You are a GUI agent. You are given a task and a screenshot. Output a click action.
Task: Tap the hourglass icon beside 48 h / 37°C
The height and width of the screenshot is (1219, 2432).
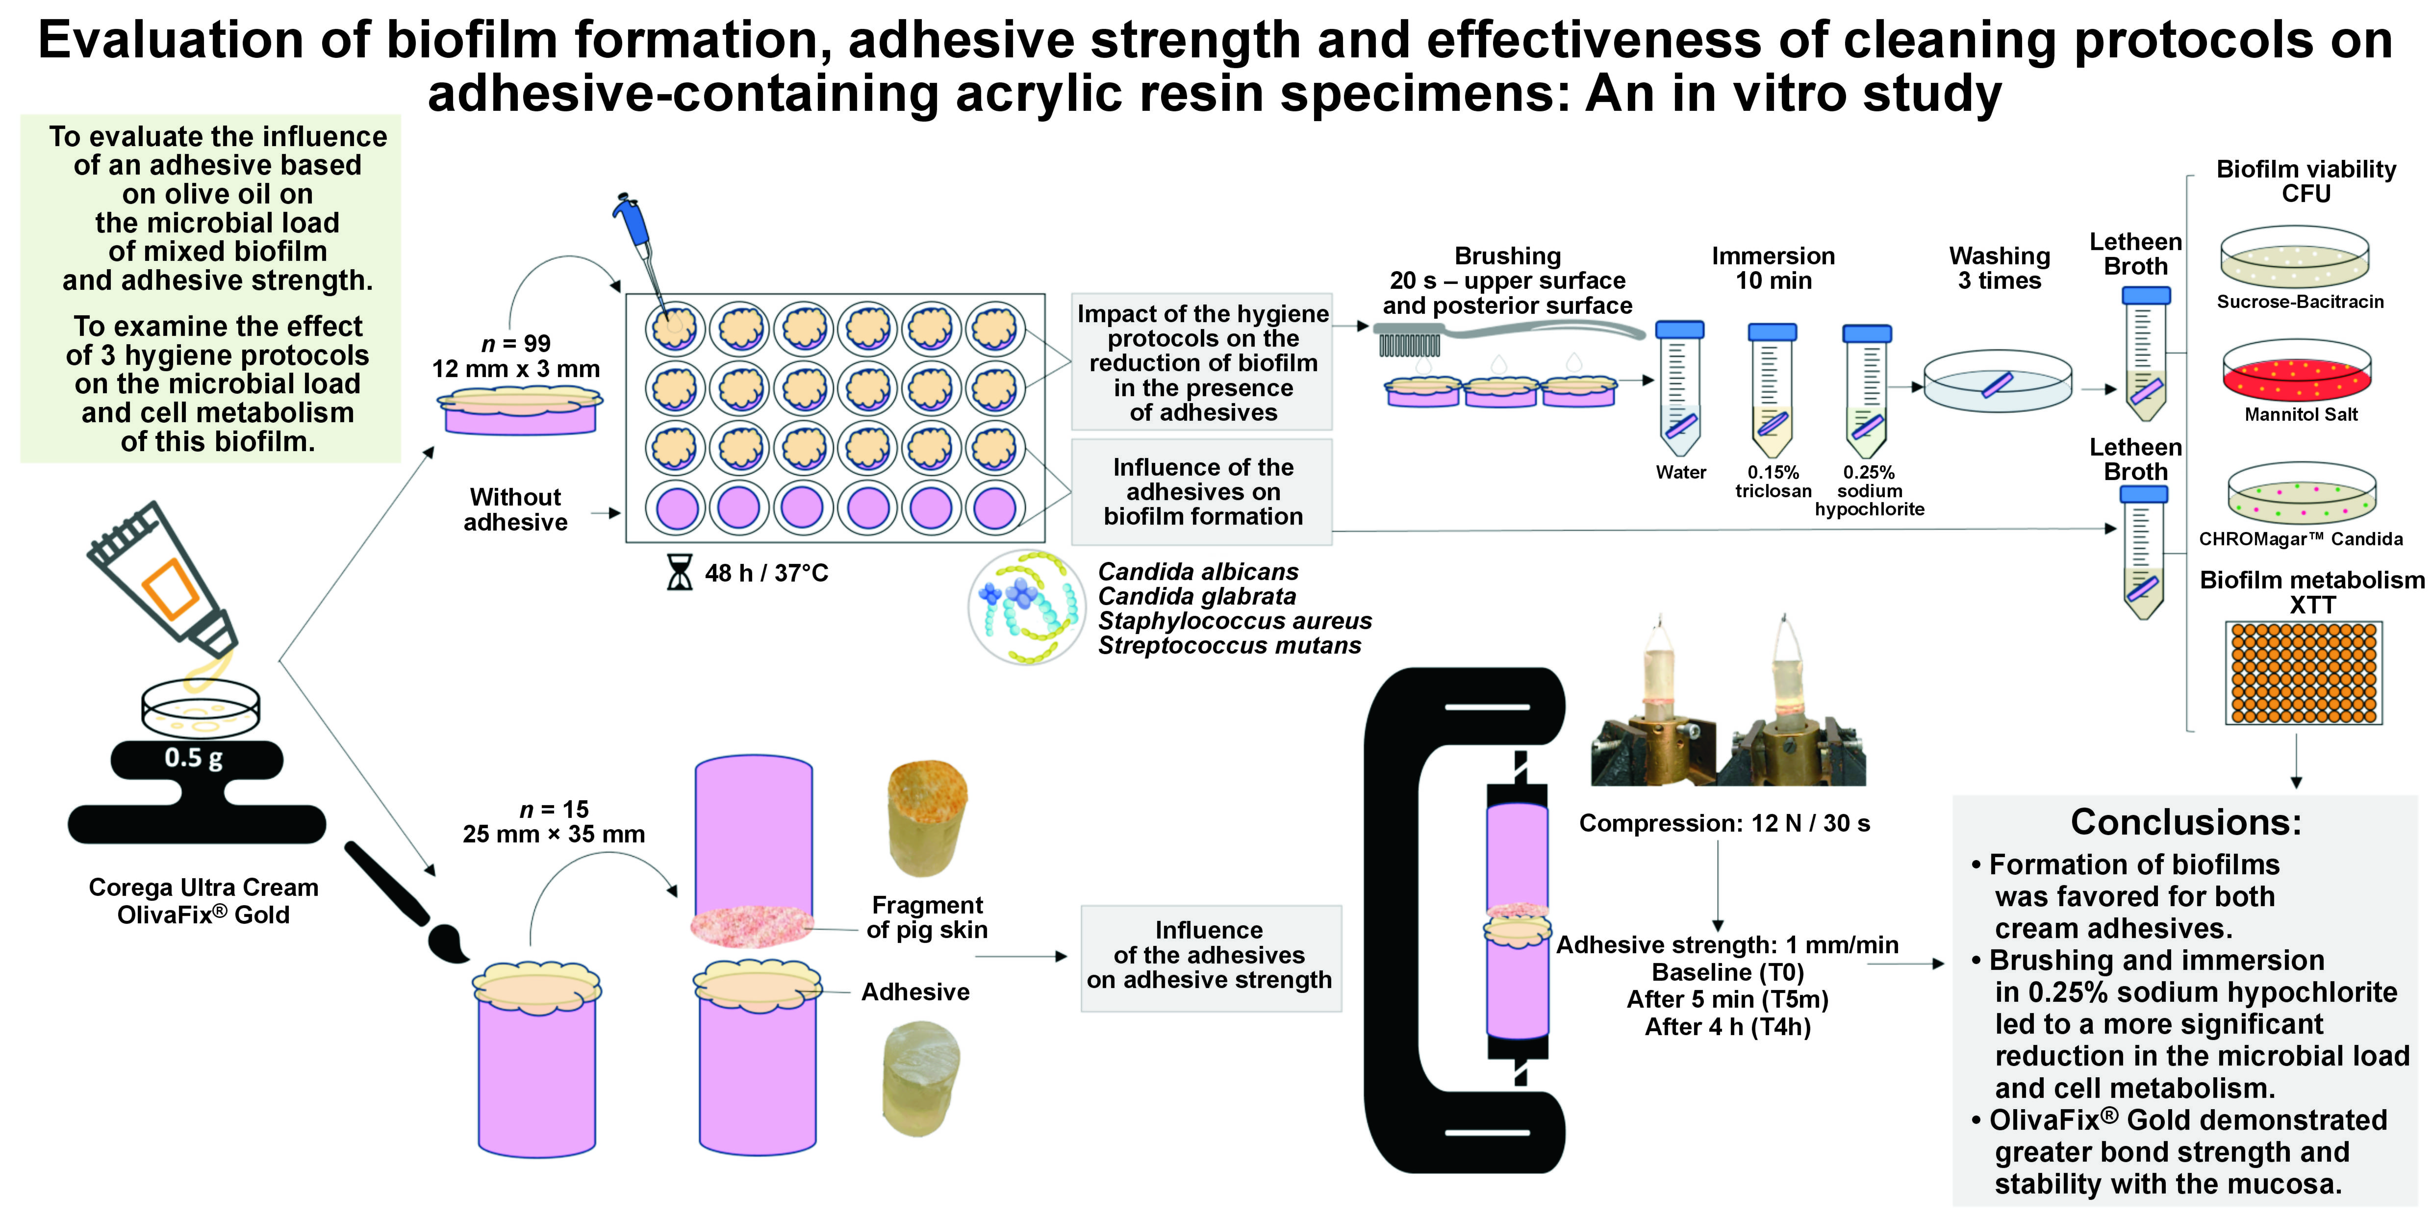coord(679,572)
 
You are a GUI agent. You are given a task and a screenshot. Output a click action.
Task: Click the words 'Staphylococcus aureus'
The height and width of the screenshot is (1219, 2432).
coord(1234,620)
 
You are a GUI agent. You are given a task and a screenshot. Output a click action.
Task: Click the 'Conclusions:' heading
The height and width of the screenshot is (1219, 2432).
coord(2185,822)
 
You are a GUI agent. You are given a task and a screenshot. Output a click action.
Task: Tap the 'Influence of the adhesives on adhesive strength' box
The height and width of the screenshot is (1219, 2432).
coord(1210,956)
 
